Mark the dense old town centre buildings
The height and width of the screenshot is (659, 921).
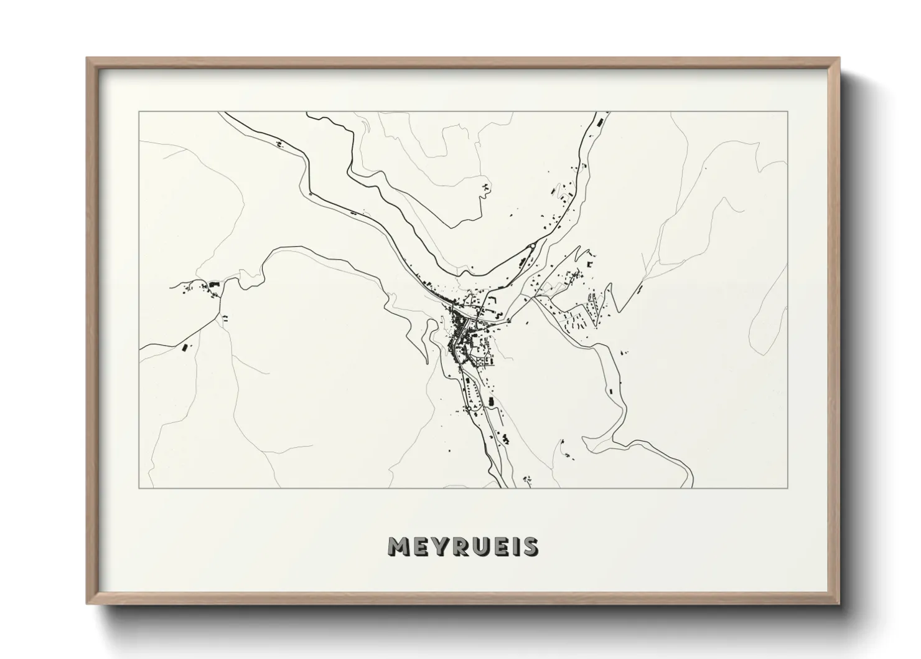tap(460, 324)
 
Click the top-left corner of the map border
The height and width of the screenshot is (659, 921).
tap(139, 112)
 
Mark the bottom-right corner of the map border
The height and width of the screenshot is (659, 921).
tap(788, 488)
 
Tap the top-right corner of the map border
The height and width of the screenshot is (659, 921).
tap(788, 112)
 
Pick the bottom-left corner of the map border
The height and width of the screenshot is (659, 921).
tap(139, 488)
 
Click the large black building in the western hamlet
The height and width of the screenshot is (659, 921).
tap(214, 284)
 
